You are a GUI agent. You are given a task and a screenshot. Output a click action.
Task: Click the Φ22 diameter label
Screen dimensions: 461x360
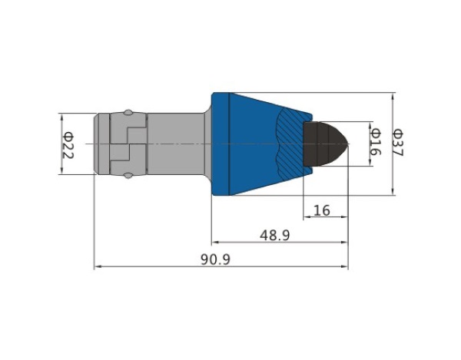pyautogui.click(x=68, y=146)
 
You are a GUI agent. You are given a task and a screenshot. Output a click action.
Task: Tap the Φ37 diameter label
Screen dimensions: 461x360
pyautogui.click(x=399, y=143)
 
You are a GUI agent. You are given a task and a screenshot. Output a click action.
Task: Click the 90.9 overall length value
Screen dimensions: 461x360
pyautogui.click(x=215, y=259)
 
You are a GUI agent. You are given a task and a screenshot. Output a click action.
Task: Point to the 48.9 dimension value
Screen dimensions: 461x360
pyautogui.click(x=274, y=235)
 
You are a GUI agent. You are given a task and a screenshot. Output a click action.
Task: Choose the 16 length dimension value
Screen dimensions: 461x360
pyautogui.click(x=322, y=210)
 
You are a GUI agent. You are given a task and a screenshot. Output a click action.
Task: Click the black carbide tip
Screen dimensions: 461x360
pyautogui.click(x=326, y=144)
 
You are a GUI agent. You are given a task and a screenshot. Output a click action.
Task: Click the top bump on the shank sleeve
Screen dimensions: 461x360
pyautogui.click(x=128, y=113)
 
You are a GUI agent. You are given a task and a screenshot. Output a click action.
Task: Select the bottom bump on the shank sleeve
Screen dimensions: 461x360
pyautogui.click(x=128, y=176)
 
